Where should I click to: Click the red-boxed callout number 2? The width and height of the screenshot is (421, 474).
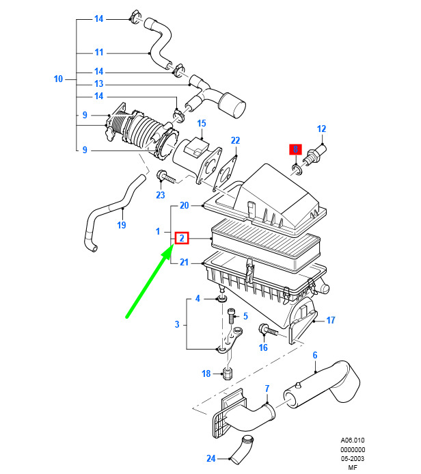(182, 238)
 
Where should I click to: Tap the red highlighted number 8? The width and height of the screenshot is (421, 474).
(295, 149)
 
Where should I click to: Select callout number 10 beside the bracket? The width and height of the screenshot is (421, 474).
(58, 79)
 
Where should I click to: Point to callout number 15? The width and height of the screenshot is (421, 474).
(202, 123)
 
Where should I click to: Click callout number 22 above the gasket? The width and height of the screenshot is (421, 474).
(235, 140)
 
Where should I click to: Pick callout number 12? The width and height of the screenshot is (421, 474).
(322, 129)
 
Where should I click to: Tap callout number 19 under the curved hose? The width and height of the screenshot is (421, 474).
(122, 225)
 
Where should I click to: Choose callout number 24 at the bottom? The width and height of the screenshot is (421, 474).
(210, 458)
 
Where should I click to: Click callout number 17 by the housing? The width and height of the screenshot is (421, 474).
(331, 320)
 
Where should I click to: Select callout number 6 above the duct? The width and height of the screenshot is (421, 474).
(315, 355)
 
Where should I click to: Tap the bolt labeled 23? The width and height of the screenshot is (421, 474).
(165, 176)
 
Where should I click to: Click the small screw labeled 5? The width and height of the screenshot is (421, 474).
(231, 316)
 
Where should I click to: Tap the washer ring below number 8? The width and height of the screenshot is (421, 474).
(296, 170)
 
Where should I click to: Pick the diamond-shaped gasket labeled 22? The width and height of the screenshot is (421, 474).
(227, 171)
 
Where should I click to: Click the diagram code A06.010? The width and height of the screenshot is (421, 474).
(353, 440)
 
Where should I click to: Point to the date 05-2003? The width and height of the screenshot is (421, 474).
(353, 458)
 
